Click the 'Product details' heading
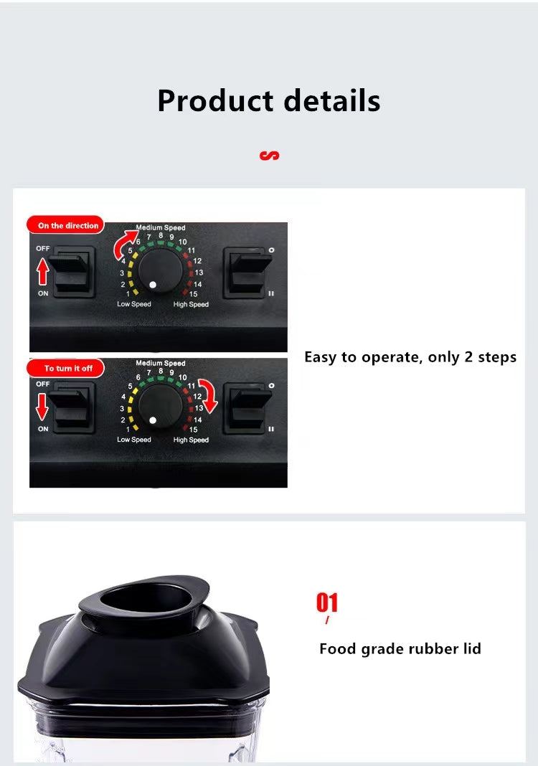tap(268, 100)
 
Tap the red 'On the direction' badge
tap(67, 225)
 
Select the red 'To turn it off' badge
tap(67, 368)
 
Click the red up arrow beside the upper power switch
tap(42, 273)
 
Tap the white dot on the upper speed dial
tap(153, 285)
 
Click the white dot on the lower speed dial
tap(153, 420)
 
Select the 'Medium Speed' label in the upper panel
tap(161, 228)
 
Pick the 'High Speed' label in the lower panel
tap(191, 440)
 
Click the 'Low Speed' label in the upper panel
tap(134, 304)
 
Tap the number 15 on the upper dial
tap(194, 294)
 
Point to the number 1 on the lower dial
tap(128, 429)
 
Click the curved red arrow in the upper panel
tap(126, 244)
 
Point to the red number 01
tap(327, 602)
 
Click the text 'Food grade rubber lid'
tap(400, 649)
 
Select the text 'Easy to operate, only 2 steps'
tap(410, 357)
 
